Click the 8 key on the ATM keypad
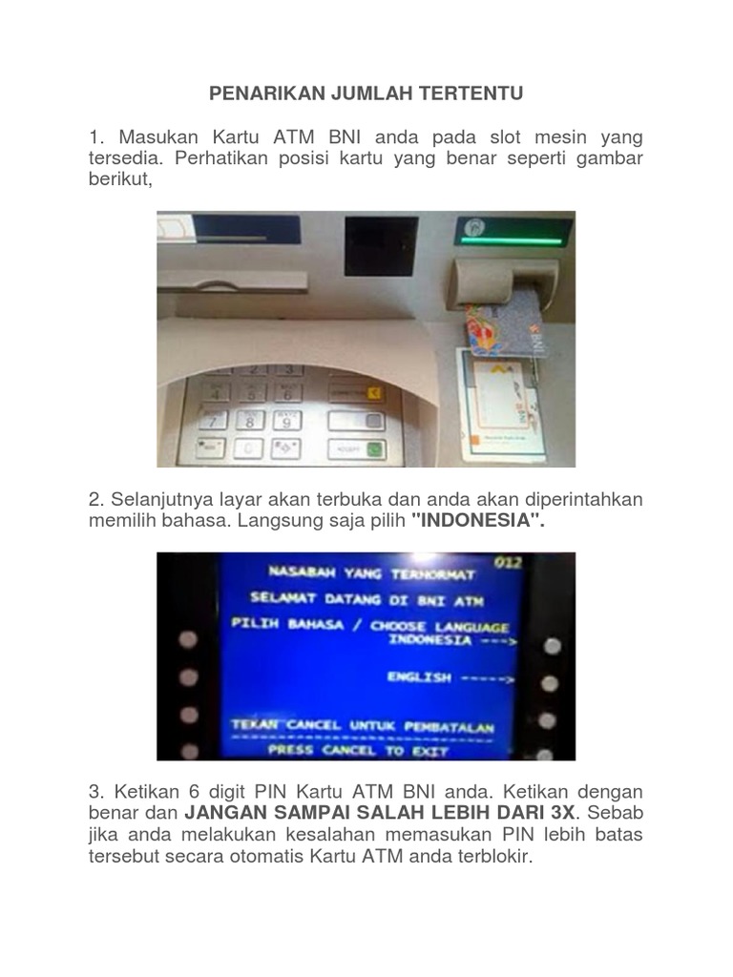pos(250,420)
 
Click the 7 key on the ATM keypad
pos(215,420)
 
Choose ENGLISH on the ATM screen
pos(418,676)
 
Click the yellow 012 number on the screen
pos(507,563)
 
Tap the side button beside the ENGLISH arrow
pos(550,683)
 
